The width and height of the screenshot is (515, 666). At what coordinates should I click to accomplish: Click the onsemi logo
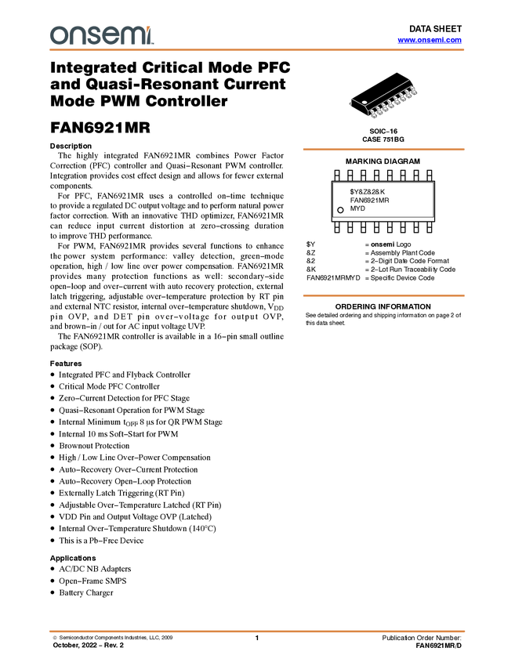(101, 35)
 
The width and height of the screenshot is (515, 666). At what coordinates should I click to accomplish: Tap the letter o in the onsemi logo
(57, 36)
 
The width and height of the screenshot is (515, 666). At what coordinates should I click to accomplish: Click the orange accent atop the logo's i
(151, 27)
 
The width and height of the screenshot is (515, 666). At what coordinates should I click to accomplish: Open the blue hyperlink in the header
(430, 40)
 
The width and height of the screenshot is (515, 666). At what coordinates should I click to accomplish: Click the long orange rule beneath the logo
(257, 50)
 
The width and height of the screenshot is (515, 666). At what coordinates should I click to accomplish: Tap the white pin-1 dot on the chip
(364, 102)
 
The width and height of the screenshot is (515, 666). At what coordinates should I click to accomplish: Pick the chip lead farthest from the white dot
(414, 91)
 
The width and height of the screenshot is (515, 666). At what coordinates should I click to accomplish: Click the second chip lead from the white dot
(379, 110)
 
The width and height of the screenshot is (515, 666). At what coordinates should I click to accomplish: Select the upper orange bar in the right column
(383, 149)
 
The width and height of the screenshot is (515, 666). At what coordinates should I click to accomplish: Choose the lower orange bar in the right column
(383, 295)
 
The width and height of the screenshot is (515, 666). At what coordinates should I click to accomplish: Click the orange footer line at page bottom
(257, 631)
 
